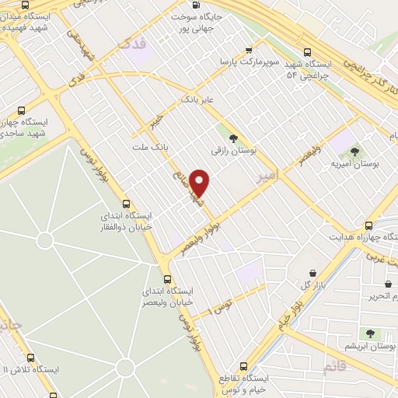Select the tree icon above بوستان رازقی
click(234, 138)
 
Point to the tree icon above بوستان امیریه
click(355, 152)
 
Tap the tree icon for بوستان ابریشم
click(370, 333)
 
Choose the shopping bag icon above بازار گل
click(312, 273)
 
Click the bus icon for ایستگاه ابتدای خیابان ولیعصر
click(167, 279)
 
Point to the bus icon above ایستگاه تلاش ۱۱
click(30, 358)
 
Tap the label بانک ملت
click(150, 147)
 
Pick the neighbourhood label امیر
click(267, 176)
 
